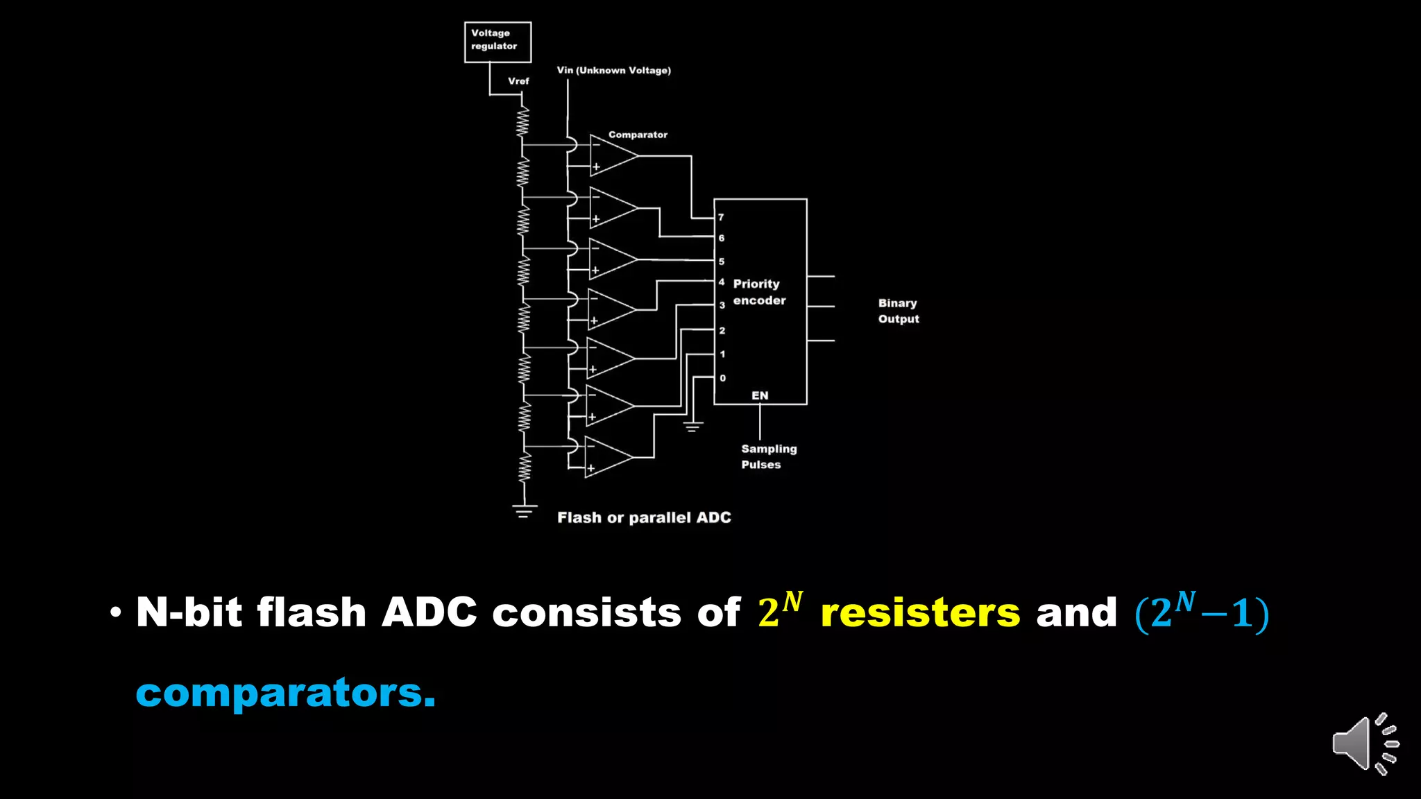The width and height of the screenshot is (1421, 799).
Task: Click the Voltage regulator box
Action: point(497,42)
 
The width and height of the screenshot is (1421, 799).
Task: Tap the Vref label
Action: point(518,81)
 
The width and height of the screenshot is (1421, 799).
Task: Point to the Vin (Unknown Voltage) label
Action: point(613,70)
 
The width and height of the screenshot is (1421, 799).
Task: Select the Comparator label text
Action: point(638,135)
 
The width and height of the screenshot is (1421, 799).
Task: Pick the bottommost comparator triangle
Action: point(606,457)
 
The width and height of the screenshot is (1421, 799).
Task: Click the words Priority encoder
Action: point(759,292)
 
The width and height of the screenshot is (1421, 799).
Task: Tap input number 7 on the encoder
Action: point(722,217)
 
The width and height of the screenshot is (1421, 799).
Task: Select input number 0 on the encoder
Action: point(722,378)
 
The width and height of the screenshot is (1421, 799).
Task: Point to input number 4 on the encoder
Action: point(722,282)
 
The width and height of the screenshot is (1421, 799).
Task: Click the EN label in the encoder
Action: point(760,395)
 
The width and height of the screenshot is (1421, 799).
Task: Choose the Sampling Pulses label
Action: point(768,456)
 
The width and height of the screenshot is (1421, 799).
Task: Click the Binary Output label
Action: point(899,311)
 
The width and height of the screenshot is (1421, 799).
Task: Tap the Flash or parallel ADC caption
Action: point(644,517)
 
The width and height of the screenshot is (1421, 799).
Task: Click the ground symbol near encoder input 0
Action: point(692,426)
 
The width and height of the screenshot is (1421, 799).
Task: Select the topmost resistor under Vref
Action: point(522,122)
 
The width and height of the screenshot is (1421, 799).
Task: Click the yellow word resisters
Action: point(920,613)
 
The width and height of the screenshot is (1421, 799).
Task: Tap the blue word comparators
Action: point(285,693)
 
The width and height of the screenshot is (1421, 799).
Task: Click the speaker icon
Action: point(1364,744)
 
